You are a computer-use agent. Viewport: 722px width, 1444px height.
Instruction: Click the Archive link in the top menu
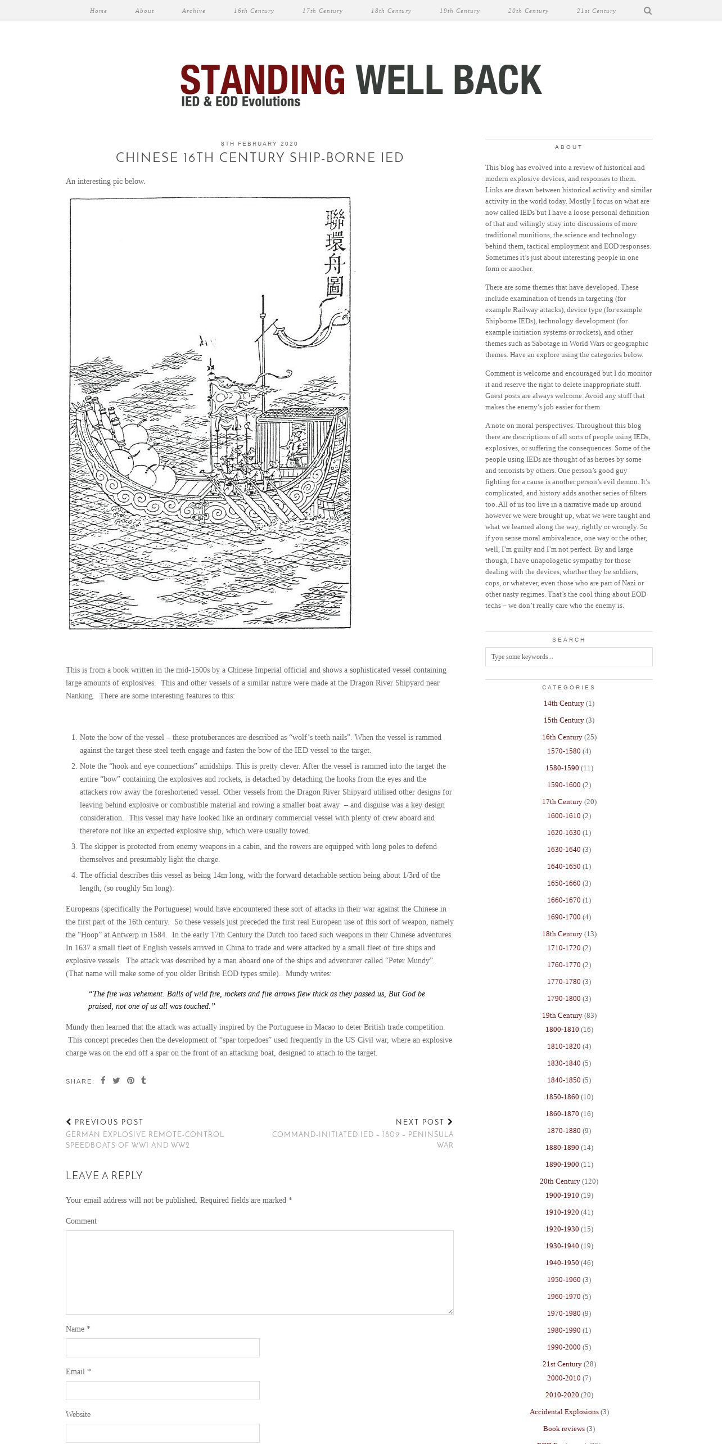point(193,11)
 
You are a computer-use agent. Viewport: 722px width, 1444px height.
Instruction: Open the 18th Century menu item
point(391,11)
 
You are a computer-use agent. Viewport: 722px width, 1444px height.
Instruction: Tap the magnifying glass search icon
point(648,11)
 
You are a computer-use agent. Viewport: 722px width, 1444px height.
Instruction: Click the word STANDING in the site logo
point(263,79)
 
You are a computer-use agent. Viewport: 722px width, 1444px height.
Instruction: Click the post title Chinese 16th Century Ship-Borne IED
point(259,158)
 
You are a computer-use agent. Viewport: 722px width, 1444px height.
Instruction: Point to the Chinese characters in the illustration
point(335,253)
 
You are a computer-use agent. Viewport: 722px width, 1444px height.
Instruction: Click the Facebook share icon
point(103,1080)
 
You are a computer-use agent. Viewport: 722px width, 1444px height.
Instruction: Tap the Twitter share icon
point(116,1080)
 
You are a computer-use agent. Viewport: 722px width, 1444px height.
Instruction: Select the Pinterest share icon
point(130,1080)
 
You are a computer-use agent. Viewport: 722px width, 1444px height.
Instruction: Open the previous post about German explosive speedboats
point(145,1140)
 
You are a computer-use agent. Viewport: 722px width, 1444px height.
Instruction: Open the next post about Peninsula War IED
point(363,1140)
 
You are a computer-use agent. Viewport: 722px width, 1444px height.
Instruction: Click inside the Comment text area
point(259,1272)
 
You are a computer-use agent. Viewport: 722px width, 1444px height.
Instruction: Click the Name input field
point(163,1348)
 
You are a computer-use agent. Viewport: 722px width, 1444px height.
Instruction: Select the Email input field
point(163,1391)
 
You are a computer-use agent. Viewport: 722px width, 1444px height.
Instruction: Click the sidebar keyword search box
point(568,657)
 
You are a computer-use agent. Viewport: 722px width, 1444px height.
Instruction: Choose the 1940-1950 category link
point(562,1263)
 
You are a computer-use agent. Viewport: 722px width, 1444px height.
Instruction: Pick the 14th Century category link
point(563,703)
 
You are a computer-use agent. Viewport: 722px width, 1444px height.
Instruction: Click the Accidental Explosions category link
point(564,1412)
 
